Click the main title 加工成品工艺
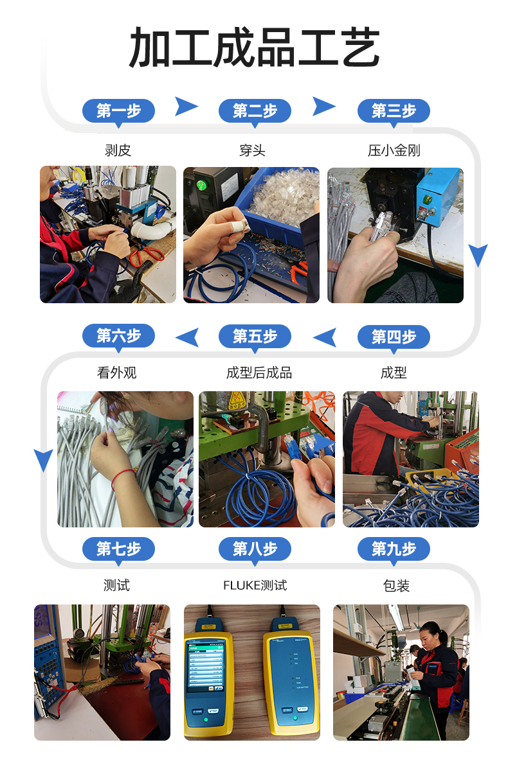255,48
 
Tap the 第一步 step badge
118,111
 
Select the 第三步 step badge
394,111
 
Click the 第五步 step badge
255,336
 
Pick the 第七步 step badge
118,549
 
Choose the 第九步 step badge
394,549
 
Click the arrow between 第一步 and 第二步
186,106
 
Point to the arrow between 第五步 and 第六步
187,337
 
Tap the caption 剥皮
118,151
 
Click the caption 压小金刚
394,151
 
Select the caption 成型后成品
259,373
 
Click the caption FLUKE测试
255,586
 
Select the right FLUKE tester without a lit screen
291,674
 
